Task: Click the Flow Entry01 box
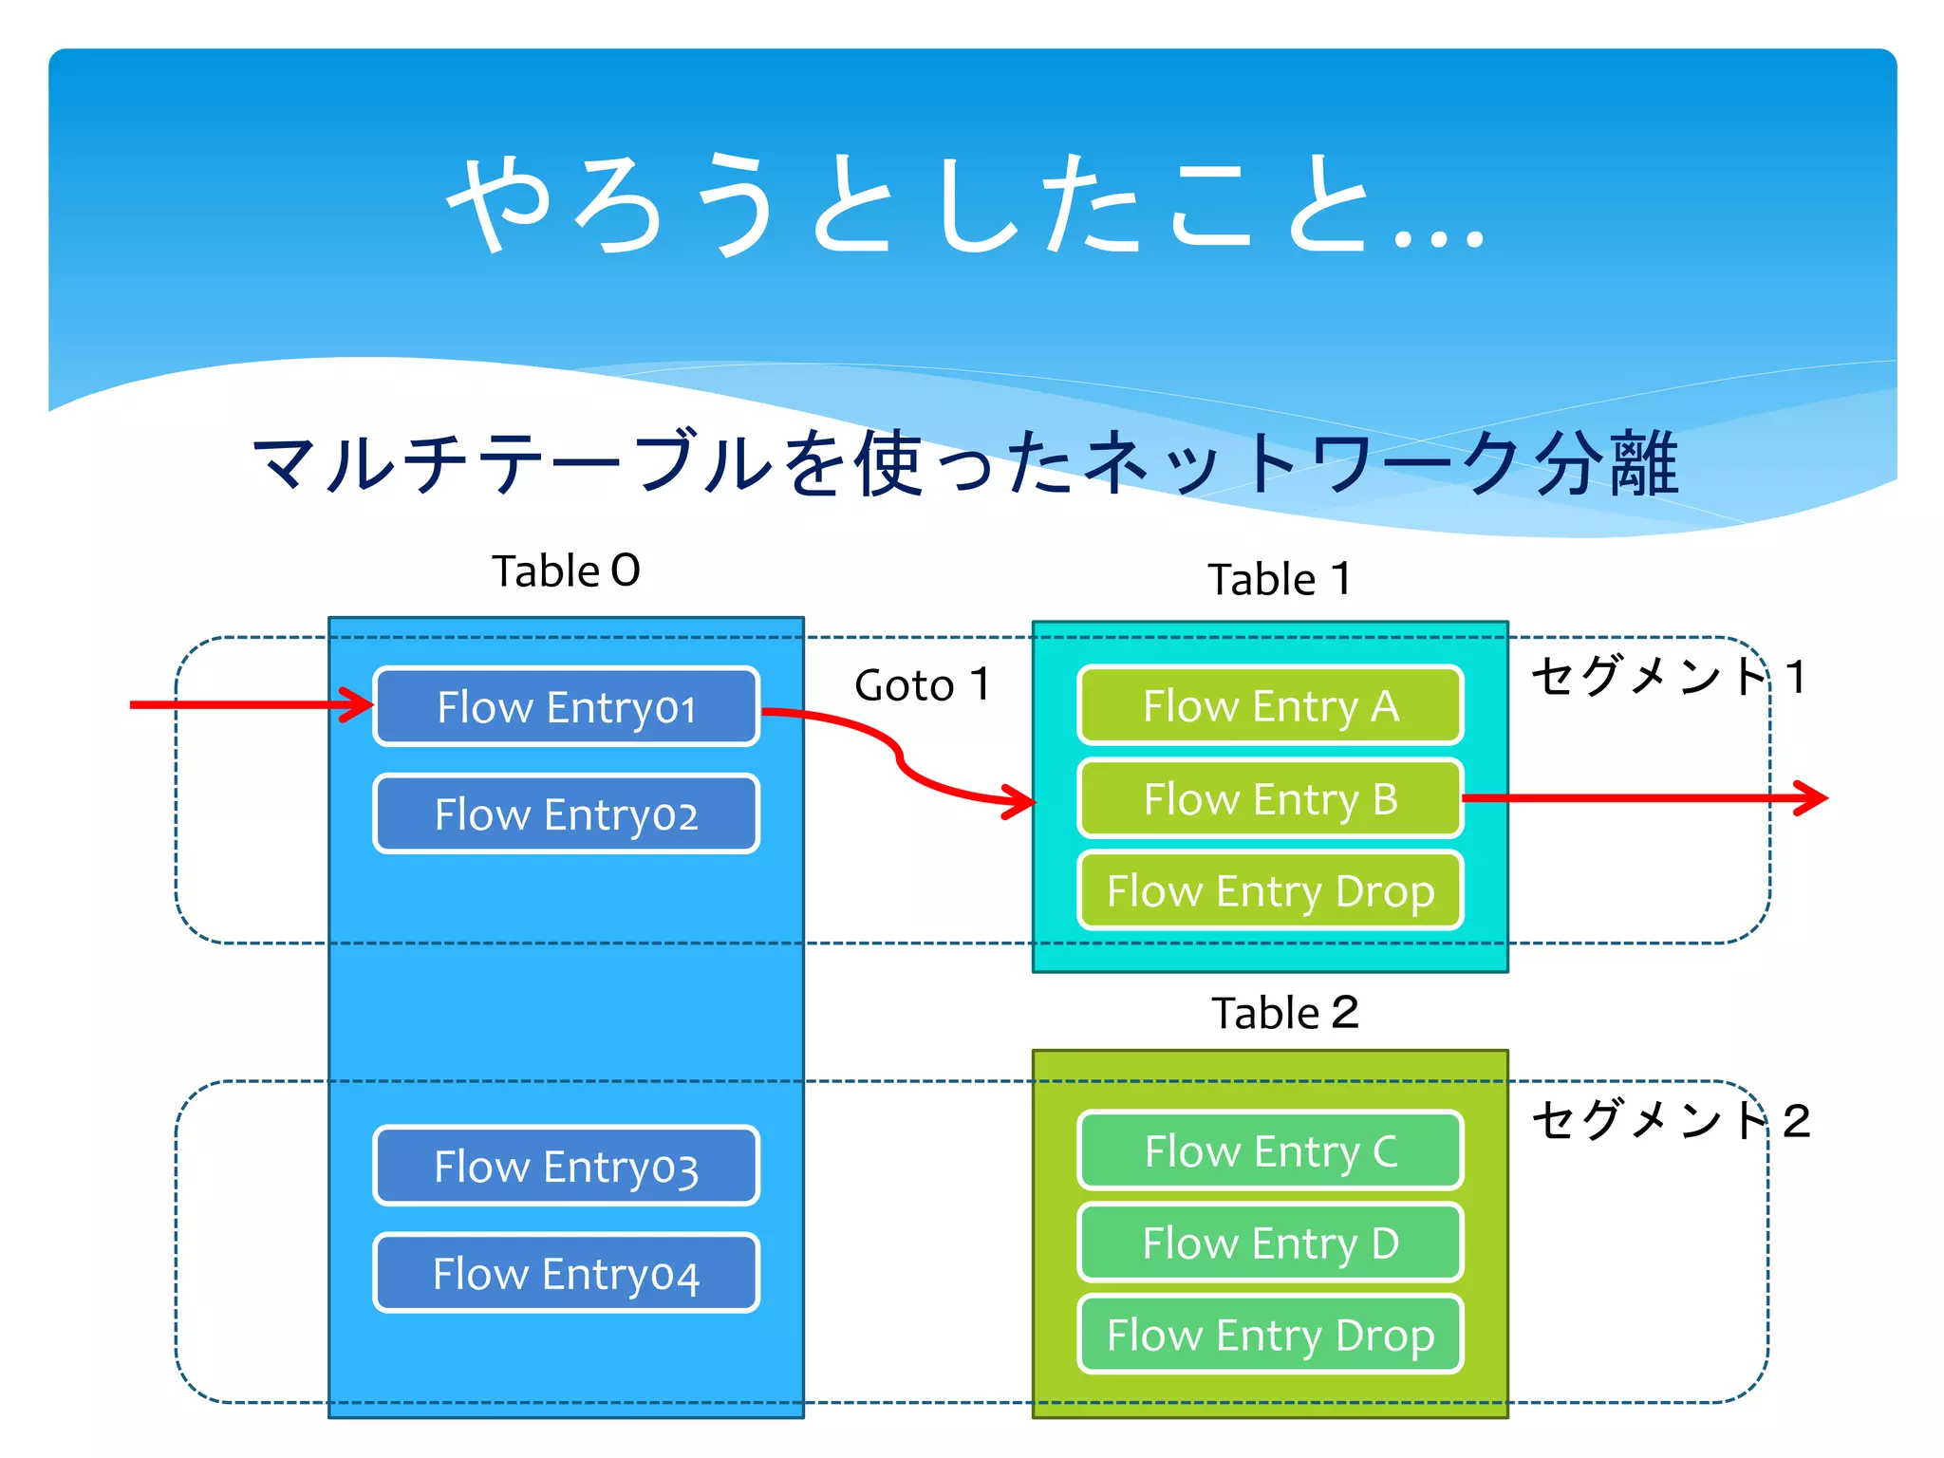[x=566, y=706]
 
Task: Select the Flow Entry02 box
[x=566, y=813]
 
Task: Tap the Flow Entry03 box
[x=566, y=1166]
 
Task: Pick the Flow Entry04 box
[x=566, y=1273]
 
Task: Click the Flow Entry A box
[x=1270, y=705]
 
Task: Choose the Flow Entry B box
[x=1270, y=798]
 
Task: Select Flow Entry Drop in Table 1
[x=1270, y=890]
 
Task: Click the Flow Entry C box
[x=1270, y=1150]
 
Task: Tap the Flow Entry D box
[x=1270, y=1243]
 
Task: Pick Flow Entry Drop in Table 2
[x=1270, y=1335]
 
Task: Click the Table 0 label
[x=566, y=571]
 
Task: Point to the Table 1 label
[x=1279, y=579]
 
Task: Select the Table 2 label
[x=1284, y=1013]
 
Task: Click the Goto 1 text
[x=922, y=684]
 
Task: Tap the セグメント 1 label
[x=1668, y=677]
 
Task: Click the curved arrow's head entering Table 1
[x=1020, y=801]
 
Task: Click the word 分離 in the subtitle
[x=1607, y=463]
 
